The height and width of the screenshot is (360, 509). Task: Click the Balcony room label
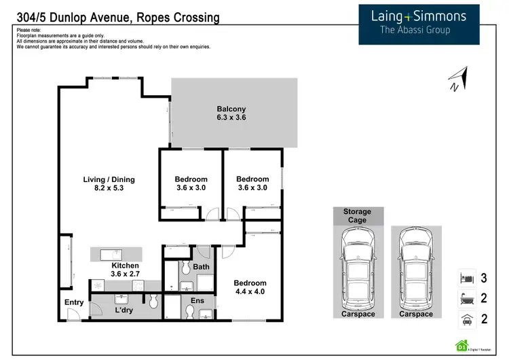(x=231, y=109)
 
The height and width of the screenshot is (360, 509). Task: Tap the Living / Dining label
(x=109, y=179)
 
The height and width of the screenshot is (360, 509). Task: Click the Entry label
(x=74, y=302)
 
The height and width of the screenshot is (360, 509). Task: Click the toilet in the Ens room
(x=189, y=312)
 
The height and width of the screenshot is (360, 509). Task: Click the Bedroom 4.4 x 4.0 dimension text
(x=250, y=292)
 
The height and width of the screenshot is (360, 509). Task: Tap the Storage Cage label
(x=357, y=215)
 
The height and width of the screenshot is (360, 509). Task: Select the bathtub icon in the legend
(x=466, y=298)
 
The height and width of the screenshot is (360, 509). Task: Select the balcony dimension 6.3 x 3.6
(x=231, y=118)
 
